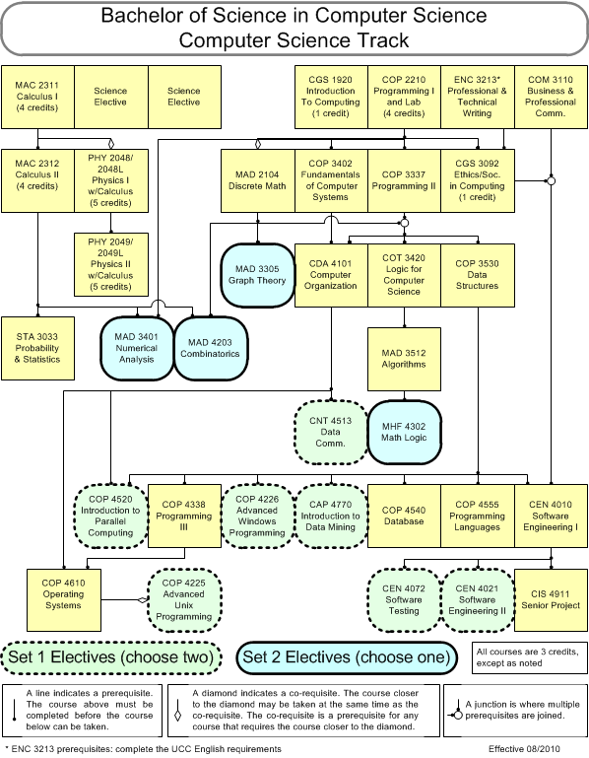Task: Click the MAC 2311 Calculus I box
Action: (x=37, y=98)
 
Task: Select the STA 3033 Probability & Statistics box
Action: (x=37, y=348)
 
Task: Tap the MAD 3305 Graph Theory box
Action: (x=257, y=275)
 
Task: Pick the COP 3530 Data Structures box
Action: (x=478, y=275)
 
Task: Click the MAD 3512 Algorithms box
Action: (x=405, y=359)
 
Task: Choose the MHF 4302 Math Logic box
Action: (x=405, y=432)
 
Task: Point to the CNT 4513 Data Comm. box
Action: (x=331, y=432)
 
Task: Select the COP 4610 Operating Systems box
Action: (x=64, y=600)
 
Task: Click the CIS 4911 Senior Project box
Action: (x=551, y=600)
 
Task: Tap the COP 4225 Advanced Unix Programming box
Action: (x=184, y=600)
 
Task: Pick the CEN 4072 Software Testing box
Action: (x=405, y=600)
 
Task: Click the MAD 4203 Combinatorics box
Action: (x=210, y=348)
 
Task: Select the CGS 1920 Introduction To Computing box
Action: (x=331, y=98)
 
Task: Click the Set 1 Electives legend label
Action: (x=111, y=657)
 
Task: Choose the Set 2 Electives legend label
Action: (x=347, y=657)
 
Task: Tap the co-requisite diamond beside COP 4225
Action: (x=142, y=600)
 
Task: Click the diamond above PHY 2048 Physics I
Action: (x=111, y=144)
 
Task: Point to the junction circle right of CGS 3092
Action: (x=551, y=180)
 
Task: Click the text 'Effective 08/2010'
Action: (x=524, y=749)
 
